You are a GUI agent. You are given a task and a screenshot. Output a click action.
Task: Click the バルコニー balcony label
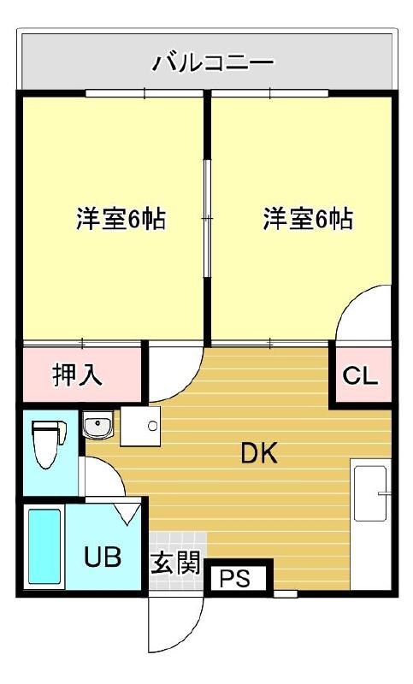pyautogui.click(x=213, y=62)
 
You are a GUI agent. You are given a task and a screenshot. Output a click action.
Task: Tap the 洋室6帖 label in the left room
pyautogui.click(x=121, y=220)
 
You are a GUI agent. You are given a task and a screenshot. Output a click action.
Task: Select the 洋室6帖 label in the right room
pyautogui.click(x=307, y=220)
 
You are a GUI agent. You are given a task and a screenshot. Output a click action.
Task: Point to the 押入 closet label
pyautogui.click(x=78, y=374)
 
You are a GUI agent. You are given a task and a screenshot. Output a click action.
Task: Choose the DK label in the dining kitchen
pyautogui.click(x=258, y=454)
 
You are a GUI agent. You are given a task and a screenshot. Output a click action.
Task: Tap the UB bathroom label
pyautogui.click(x=103, y=557)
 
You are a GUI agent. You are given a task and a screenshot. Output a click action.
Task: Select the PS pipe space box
pyautogui.click(x=236, y=579)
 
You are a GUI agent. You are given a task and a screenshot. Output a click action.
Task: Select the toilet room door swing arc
pyautogui.click(x=101, y=475)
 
